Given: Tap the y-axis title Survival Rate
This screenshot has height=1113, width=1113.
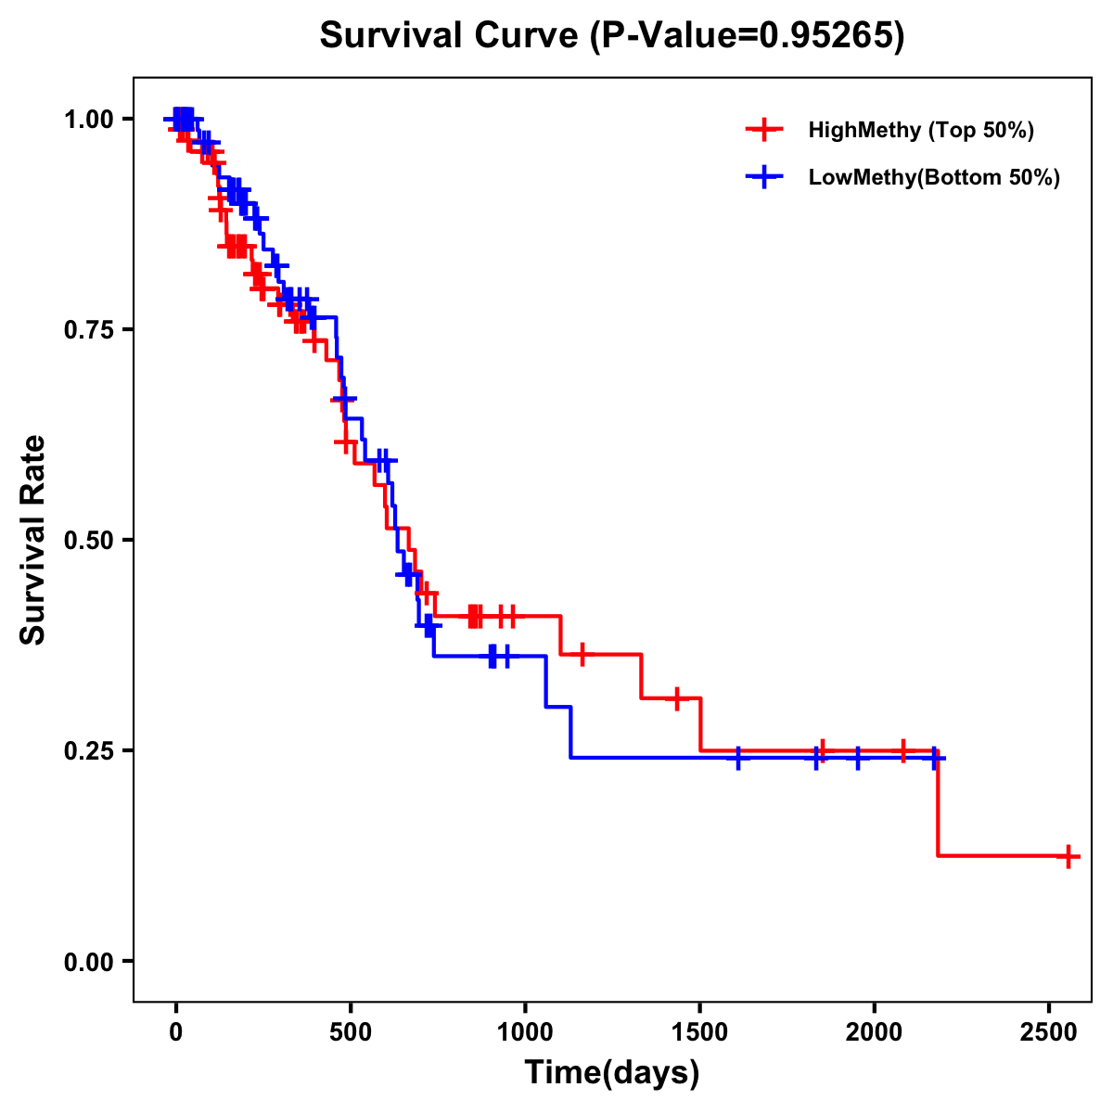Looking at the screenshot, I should tap(33, 540).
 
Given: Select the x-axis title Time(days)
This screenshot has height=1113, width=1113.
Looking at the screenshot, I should tap(612, 1072).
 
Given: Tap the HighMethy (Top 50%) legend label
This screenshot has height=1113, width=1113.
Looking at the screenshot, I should tap(921, 130).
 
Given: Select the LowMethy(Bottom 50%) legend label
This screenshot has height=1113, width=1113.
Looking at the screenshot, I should tap(934, 177).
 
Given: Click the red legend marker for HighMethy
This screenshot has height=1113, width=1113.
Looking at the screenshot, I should tap(764, 130).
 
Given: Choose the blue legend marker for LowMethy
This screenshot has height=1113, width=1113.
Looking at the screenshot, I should tap(764, 177).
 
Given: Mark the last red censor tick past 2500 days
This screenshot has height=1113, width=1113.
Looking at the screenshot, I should tap(1068, 856).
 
